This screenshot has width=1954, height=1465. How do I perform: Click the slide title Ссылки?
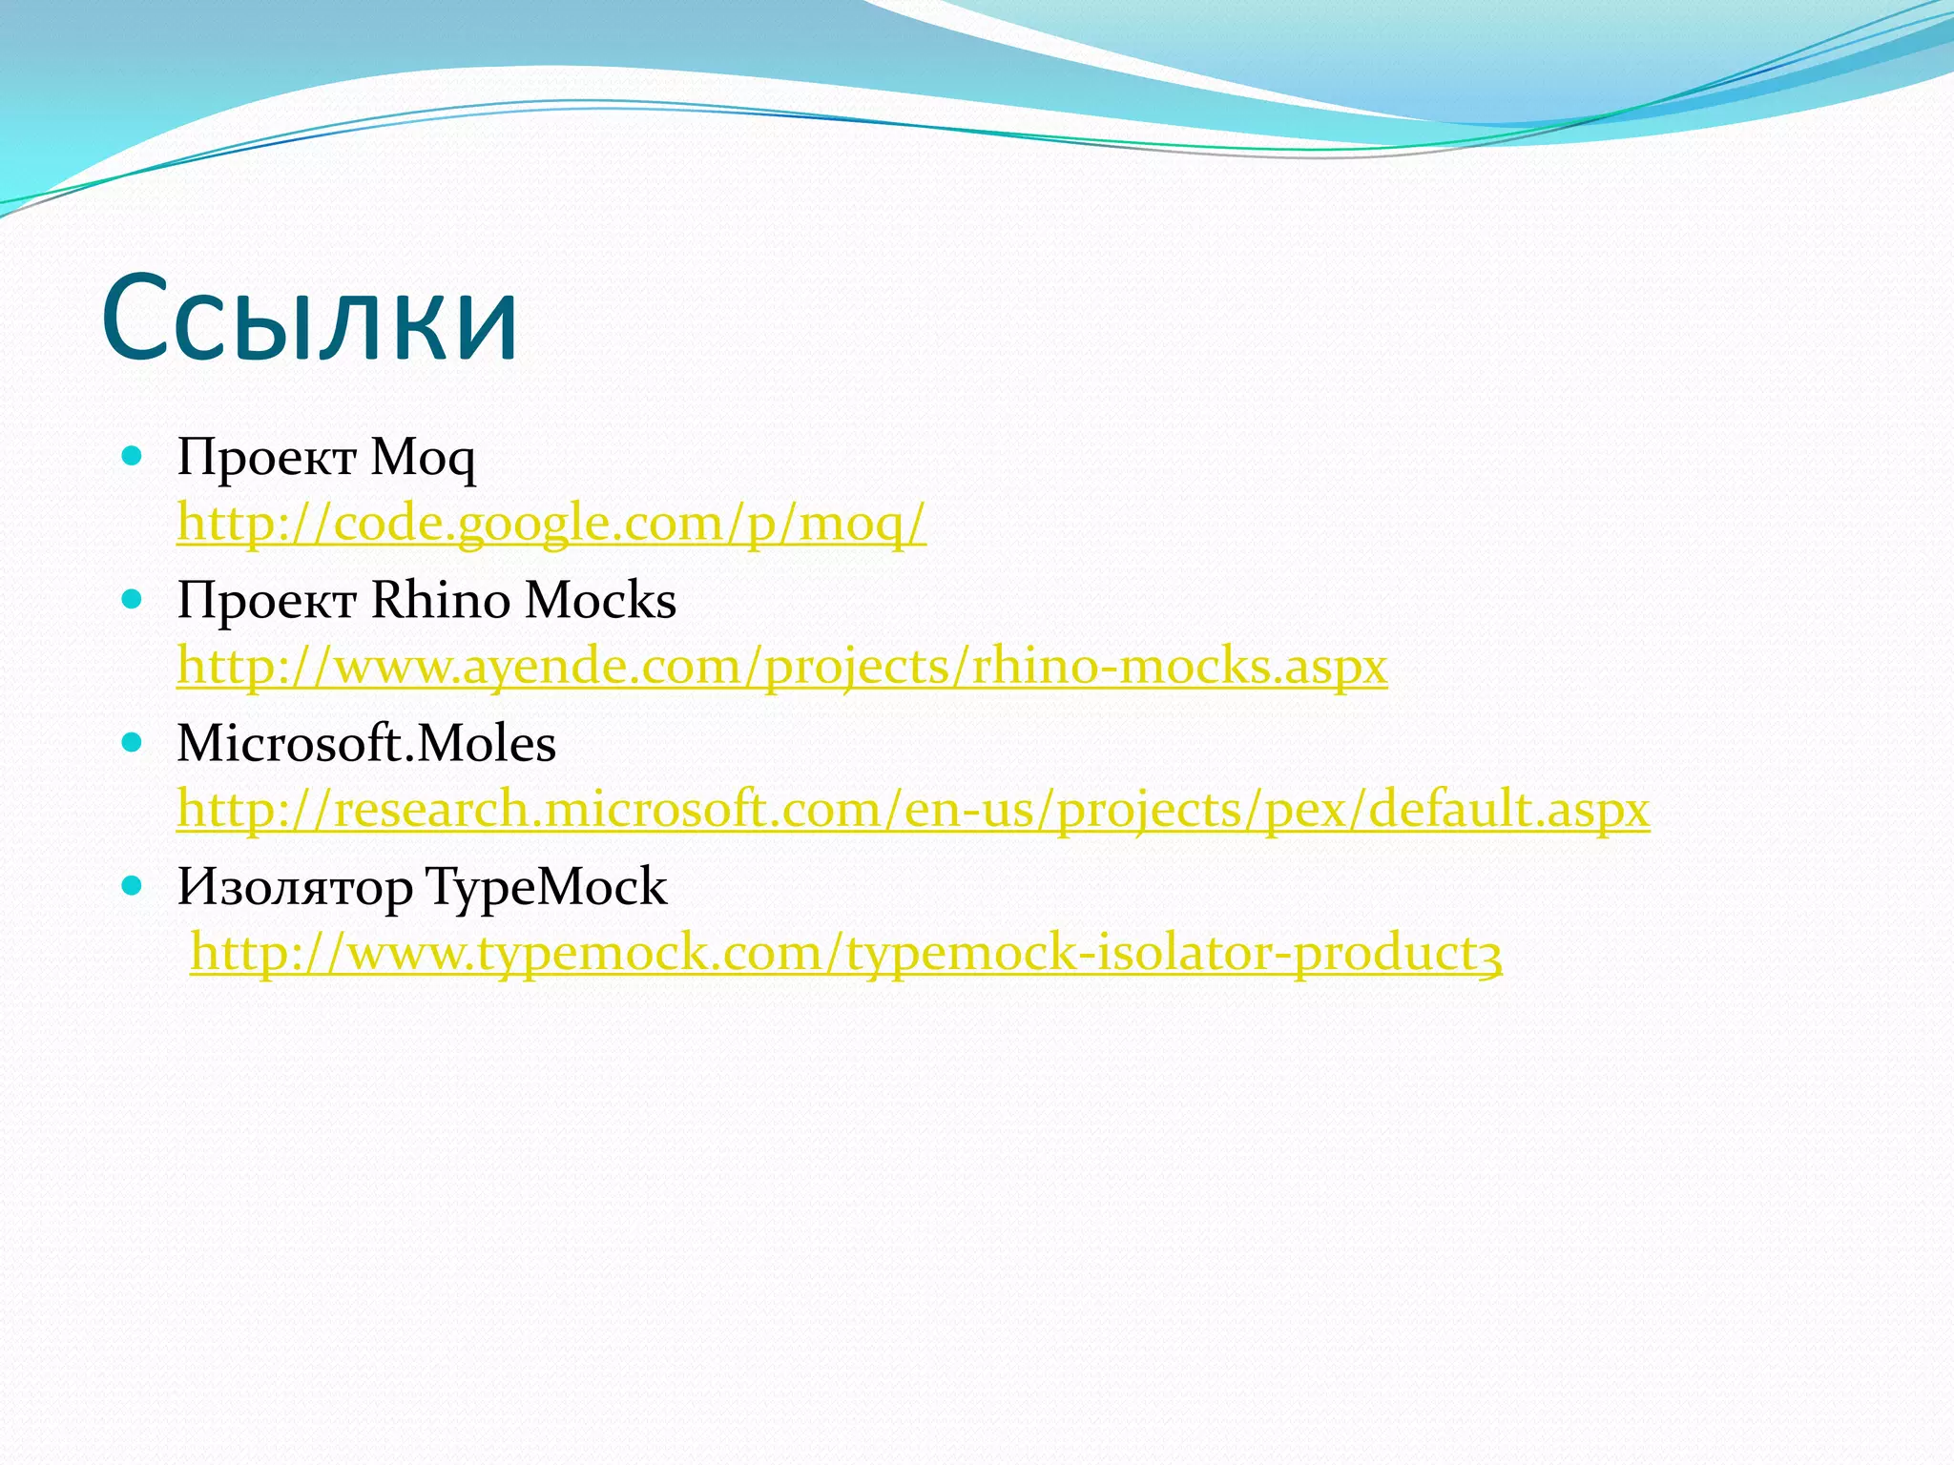tap(309, 319)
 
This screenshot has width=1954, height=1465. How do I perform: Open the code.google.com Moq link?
tap(551, 523)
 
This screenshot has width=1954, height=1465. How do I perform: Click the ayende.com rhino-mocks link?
tap(781, 666)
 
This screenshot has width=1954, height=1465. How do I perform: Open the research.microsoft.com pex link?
tap(913, 809)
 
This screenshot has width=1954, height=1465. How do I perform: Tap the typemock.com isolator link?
tap(845, 952)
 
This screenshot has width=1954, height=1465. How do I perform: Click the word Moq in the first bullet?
tap(423, 459)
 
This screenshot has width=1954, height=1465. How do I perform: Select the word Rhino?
tap(440, 601)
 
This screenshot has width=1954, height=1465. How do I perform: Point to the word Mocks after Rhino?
tap(600, 601)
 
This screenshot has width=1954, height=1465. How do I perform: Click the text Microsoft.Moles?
tap(366, 744)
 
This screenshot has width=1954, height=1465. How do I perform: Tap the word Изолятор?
tap(295, 888)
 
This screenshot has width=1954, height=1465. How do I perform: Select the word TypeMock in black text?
tap(546, 888)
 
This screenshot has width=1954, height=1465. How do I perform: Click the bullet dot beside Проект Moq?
tap(133, 457)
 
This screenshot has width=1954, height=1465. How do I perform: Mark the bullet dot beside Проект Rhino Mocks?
tap(133, 600)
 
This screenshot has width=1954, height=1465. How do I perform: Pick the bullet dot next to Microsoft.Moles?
tap(133, 743)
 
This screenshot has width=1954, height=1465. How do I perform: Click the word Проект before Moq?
tap(266, 459)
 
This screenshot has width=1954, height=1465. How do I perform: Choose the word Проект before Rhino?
tap(266, 601)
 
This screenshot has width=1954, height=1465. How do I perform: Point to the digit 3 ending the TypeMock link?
tap(1492, 954)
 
